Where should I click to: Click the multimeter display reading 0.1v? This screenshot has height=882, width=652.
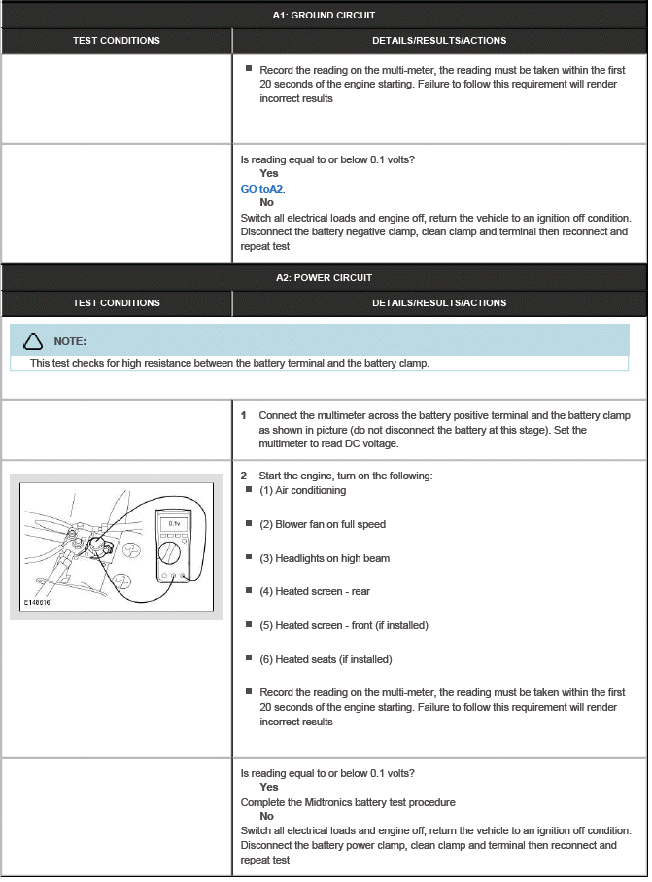point(175,524)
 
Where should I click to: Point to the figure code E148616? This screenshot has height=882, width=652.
point(39,603)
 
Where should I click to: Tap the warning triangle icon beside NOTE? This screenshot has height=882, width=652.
point(33,341)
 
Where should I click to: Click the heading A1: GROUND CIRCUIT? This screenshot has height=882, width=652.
point(324,15)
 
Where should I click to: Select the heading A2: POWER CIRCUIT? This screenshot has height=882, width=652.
point(324,277)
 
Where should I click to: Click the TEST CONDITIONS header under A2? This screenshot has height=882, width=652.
point(116,302)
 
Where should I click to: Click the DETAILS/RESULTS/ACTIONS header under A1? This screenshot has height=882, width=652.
point(439,40)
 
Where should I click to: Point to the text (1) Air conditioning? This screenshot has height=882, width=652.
point(302,490)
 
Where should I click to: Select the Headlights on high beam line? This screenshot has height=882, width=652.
point(324,558)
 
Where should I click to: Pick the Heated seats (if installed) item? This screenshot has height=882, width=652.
point(326,659)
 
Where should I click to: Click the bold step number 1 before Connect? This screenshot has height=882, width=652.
point(244,415)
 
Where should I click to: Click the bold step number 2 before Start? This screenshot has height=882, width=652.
point(244,476)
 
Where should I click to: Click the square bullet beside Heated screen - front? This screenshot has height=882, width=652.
point(249,625)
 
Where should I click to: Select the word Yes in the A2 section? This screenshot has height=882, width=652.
point(268,787)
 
